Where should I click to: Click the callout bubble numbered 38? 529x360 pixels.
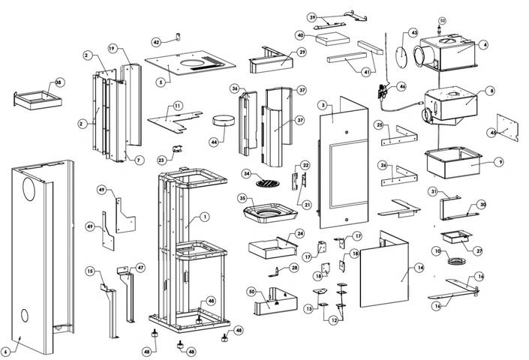pyautogui.click(x=59, y=82)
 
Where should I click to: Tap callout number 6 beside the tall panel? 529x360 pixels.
pyautogui.click(x=6, y=351)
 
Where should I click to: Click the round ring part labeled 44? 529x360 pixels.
pyautogui.click(x=224, y=118)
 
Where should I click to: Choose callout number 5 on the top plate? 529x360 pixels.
pyautogui.click(x=160, y=80)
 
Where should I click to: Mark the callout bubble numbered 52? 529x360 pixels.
pyautogui.click(x=442, y=20)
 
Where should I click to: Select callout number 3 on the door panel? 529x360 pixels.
pyautogui.click(x=323, y=105)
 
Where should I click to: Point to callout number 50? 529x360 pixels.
pyautogui.click(x=251, y=290)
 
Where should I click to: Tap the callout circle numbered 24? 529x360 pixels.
pyautogui.click(x=299, y=234)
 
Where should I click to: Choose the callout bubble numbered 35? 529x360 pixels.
pyautogui.click(x=242, y=199)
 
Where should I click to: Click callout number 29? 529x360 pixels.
pyautogui.click(x=302, y=52)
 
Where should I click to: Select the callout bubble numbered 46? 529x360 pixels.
pyautogui.click(x=402, y=87)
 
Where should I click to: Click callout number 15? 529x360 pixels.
pyautogui.click(x=90, y=271)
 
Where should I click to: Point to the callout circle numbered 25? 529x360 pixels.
pyautogui.click(x=380, y=124)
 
